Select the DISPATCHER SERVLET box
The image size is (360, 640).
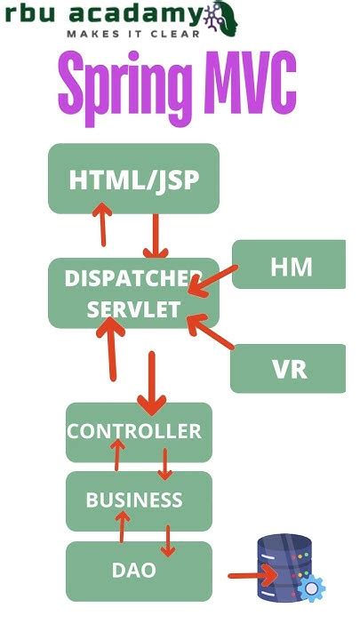(x=133, y=293)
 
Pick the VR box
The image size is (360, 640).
(x=289, y=368)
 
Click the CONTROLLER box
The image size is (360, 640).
(x=138, y=432)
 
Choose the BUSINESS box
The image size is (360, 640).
(x=138, y=500)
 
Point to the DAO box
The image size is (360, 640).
(x=138, y=571)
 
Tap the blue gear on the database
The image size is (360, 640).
(x=311, y=588)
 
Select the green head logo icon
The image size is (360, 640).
(x=220, y=17)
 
